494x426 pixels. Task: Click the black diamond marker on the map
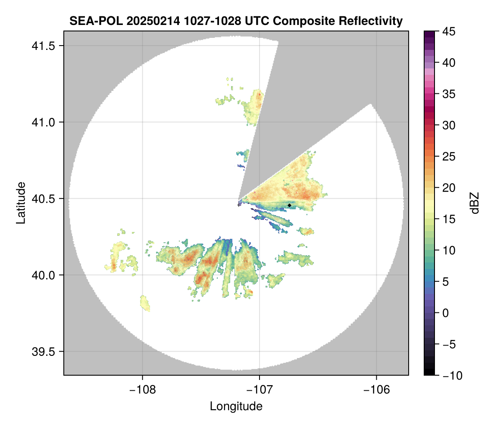[289, 205]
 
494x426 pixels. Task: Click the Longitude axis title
[236, 406]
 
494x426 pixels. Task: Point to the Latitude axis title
[21, 203]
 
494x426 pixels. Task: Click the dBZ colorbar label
[475, 203]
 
